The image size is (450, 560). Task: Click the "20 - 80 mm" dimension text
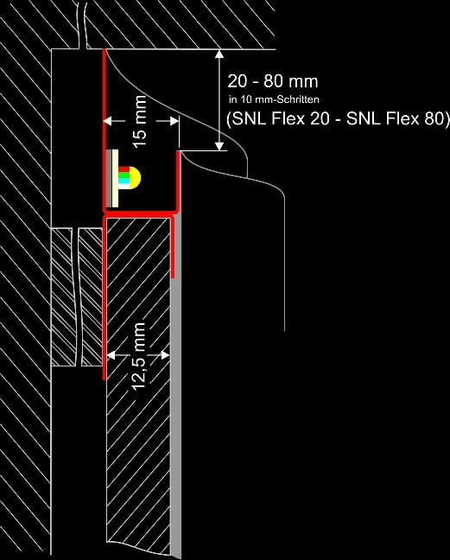click(x=273, y=81)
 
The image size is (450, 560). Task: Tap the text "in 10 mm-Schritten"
click(x=274, y=99)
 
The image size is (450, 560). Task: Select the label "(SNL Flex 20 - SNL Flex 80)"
click(x=338, y=118)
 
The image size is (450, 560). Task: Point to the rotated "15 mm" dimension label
click(x=140, y=121)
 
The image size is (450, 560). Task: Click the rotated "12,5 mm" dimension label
click(x=139, y=356)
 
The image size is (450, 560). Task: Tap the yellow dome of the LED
click(x=135, y=177)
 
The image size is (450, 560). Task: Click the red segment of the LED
click(x=124, y=169)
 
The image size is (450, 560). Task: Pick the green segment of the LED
click(x=124, y=175)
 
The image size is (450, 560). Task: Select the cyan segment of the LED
click(x=124, y=181)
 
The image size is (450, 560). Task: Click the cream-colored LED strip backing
click(x=115, y=178)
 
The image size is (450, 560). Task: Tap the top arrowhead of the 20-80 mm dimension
click(x=219, y=54)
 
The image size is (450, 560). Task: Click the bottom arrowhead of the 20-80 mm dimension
click(x=219, y=146)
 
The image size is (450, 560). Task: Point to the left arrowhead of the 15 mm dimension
click(x=108, y=121)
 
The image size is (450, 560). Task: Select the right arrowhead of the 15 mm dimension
click(x=174, y=121)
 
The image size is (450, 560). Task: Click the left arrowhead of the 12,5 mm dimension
click(x=111, y=355)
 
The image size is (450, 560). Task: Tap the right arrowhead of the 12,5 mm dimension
click(x=165, y=355)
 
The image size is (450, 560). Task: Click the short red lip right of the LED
click(x=177, y=180)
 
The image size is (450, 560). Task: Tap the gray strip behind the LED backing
click(x=109, y=178)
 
